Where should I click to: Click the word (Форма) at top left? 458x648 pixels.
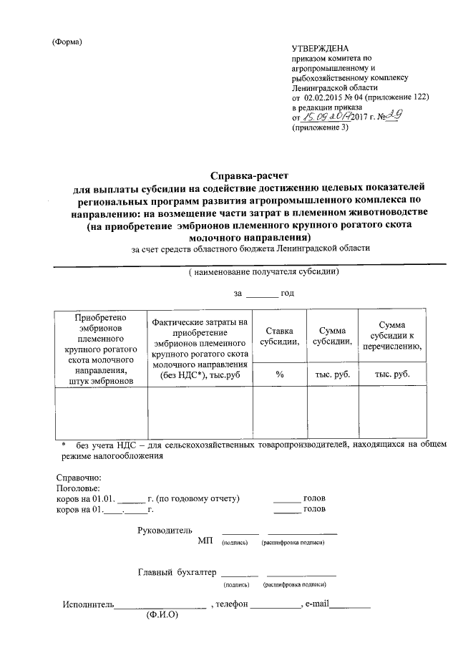[68, 42]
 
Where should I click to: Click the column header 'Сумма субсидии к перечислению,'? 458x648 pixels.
[392, 336]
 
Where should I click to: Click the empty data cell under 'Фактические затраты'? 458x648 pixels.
[200, 412]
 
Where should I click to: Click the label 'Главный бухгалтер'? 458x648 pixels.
[176, 572]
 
